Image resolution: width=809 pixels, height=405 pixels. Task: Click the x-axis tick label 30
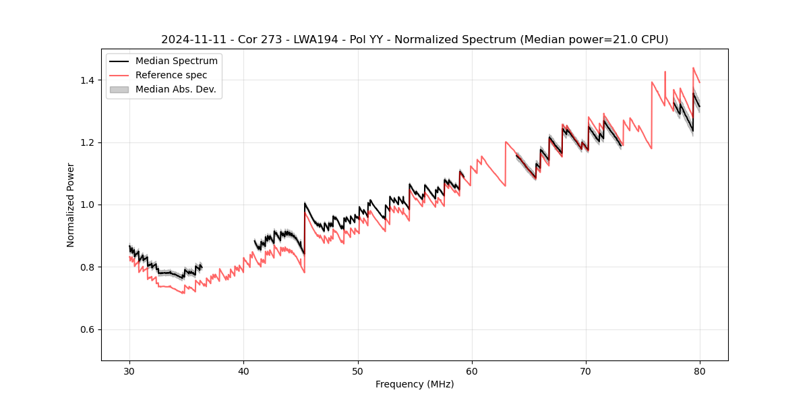coord(129,371)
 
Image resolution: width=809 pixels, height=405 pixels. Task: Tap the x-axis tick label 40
coord(243,371)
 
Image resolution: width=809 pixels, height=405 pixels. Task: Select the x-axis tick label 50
coord(358,371)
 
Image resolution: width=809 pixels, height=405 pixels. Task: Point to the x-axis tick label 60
coord(472,371)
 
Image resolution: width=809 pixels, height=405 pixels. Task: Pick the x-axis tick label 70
coord(586,371)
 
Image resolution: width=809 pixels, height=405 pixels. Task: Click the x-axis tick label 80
coord(700,371)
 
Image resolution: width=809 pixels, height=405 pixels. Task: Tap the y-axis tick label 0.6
coord(88,329)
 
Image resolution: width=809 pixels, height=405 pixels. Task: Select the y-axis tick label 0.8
coord(88,267)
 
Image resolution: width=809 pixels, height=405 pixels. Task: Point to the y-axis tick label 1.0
coord(88,205)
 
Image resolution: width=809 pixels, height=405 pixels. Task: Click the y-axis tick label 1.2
coord(88,142)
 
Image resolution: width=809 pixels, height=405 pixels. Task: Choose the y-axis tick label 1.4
coord(88,80)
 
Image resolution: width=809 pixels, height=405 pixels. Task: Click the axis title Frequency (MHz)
coord(415,384)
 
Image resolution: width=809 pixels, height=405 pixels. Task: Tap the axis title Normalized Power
coord(71,205)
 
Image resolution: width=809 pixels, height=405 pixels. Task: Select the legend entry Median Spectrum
coord(176,61)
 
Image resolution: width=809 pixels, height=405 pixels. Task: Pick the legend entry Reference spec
coord(171,75)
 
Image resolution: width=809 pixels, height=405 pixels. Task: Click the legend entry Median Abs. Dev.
coord(175,89)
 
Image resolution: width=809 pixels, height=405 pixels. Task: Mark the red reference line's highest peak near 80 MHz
coord(693,67)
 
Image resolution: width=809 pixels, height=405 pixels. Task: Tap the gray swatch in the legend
coord(119,89)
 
